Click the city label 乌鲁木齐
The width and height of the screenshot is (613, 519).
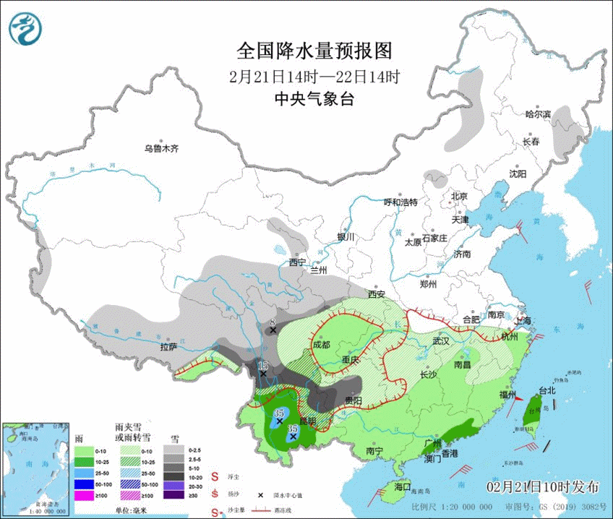(160, 149)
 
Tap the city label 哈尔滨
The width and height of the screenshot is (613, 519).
(538, 114)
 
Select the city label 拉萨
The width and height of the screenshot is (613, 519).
(168, 346)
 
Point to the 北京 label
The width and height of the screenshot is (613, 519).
(460, 196)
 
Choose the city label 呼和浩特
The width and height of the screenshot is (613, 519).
(400, 202)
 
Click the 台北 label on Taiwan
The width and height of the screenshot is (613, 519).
(547, 390)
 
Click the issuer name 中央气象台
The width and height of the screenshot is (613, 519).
(314, 100)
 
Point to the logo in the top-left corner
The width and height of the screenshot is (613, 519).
(25, 27)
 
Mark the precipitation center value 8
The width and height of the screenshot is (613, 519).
(273, 322)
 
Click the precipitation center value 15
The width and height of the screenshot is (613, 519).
(263, 365)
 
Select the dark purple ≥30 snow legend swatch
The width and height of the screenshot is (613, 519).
(173, 495)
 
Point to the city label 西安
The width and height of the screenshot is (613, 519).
(377, 294)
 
